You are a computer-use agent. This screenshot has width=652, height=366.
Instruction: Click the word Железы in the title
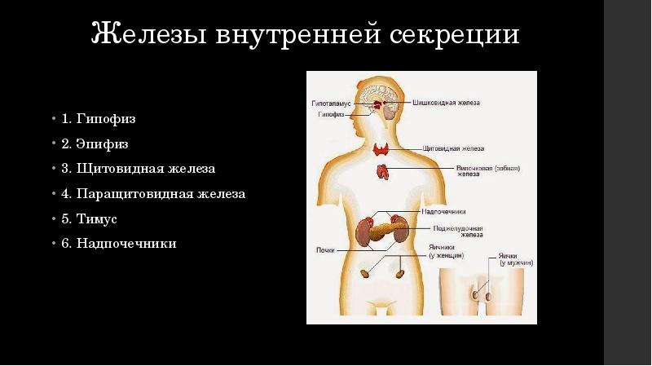(x=148, y=35)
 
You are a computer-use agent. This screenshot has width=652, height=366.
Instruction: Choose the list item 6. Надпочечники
(x=118, y=243)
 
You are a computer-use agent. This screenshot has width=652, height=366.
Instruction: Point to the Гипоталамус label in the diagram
(x=330, y=104)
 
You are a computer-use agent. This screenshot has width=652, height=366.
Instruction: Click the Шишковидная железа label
(x=452, y=104)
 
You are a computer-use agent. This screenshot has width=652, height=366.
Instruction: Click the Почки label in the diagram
(x=325, y=250)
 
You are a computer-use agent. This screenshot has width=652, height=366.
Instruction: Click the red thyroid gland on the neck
(x=381, y=149)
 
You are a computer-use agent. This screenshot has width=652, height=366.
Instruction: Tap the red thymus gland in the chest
(x=381, y=171)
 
